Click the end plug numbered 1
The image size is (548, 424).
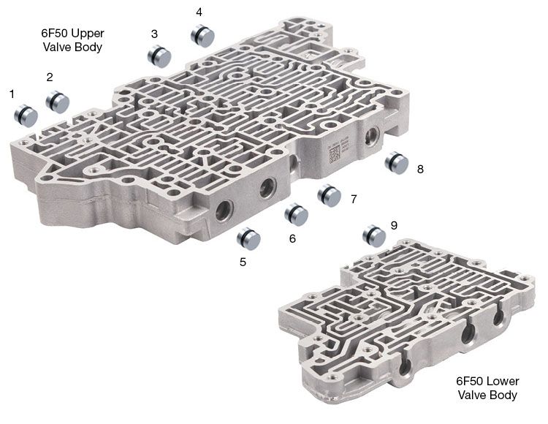[26, 116]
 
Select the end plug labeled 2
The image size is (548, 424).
[57, 102]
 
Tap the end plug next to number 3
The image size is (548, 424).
[159, 56]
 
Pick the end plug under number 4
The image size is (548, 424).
[202, 36]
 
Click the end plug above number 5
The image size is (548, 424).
[248, 239]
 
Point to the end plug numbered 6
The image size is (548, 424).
[297, 214]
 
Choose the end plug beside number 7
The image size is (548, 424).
[330, 195]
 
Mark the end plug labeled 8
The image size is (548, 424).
[397, 163]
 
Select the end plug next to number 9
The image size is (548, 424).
[374, 236]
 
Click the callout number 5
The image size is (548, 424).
[243, 262]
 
